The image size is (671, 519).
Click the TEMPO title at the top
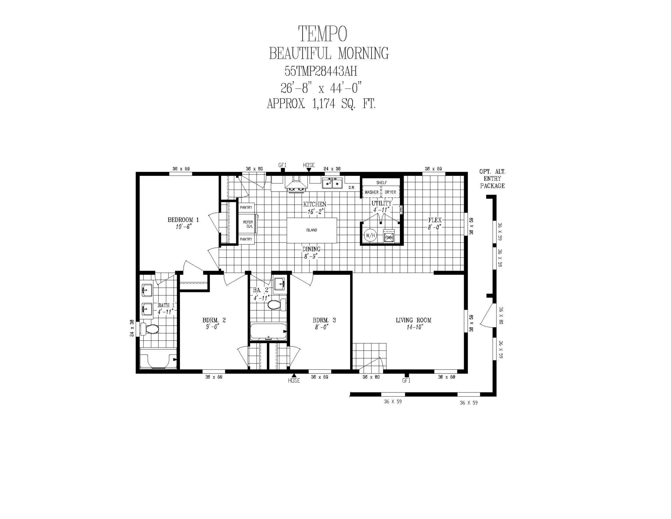coord(323,34)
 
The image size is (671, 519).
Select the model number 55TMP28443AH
coord(321,72)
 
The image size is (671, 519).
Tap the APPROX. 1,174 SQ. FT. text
coord(321,104)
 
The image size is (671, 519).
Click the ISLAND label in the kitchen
coord(312,230)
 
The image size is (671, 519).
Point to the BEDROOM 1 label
coord(183,220)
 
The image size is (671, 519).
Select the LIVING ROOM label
coord(413,320)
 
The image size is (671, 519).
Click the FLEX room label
coord(435,220)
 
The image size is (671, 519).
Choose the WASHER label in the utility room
coord(371,192)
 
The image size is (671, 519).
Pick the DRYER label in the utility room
coord(390,192)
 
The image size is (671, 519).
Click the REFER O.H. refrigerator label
coord(248,224)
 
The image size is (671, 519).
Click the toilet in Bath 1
coord(149,329)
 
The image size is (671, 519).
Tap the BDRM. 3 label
coord(324,320)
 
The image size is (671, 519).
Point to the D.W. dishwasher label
coord(352,188)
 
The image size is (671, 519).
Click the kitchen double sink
coord(332,183)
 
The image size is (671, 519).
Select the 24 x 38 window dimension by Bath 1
coord(132,328)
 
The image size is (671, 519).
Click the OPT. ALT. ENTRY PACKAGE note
coord(492,179)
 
